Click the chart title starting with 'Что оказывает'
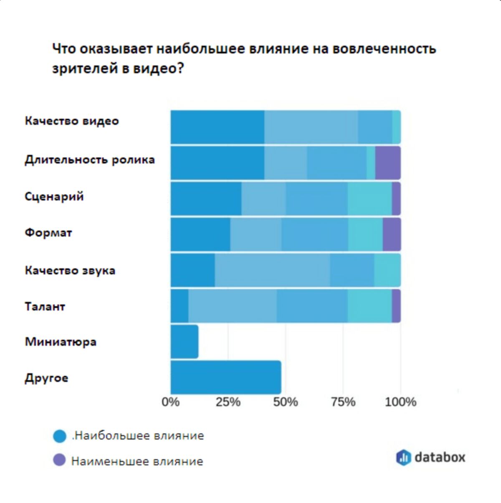(244, 58)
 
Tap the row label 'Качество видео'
(72, 121)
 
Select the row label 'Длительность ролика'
(90, 160)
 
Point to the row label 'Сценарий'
(54, 196)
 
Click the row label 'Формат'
(48, 233)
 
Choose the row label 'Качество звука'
(70, 270)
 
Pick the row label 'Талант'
(45, 307)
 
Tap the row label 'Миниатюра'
(61, 342)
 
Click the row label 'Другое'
(46, 378)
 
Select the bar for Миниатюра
(185, 342)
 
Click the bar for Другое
(226, 377)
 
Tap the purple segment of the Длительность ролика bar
(388, 163)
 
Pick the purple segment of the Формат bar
(392, 234)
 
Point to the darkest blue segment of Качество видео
(218, 127)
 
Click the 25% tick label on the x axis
(228, 402)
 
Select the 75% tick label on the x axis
(343, 402)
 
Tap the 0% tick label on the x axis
(171, 402)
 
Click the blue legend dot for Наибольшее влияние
(60, 436)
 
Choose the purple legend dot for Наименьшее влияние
(60, 461)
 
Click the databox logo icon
(403, 457)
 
